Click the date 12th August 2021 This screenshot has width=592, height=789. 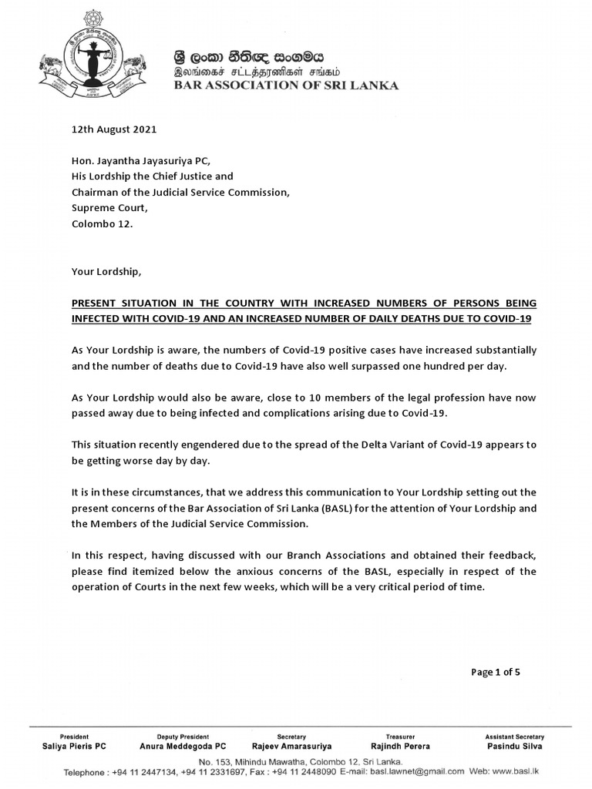(x=114, y=129)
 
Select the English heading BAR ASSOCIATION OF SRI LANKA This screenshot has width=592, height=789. (x=284, y=86)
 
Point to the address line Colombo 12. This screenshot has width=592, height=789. (x=102, y=224)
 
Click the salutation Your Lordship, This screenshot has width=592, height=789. (x=107, y=272)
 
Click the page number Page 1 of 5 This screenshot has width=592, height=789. (x=496, y=672)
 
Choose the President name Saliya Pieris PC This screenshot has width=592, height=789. (x=74, y=747)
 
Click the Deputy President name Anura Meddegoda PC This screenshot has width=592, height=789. (x=183, y=747)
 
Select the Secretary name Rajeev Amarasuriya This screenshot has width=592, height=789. (x=291, y=747)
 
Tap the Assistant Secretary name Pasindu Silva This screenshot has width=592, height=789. (x=515, y=747)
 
